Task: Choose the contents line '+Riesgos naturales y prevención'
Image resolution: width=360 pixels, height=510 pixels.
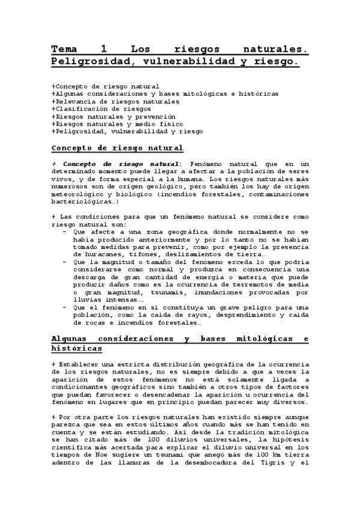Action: tap(105, 116)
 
